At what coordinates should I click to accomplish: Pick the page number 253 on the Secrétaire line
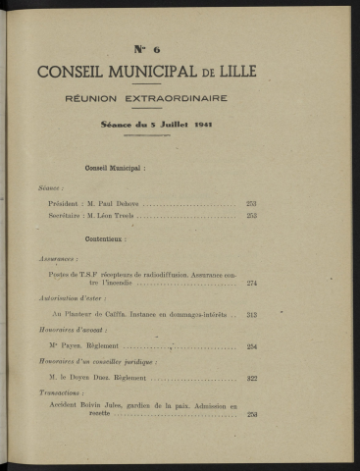point(252,215)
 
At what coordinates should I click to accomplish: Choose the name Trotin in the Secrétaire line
point(129,215)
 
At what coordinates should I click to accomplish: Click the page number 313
point(252,314)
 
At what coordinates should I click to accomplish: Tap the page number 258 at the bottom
point(252,414)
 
